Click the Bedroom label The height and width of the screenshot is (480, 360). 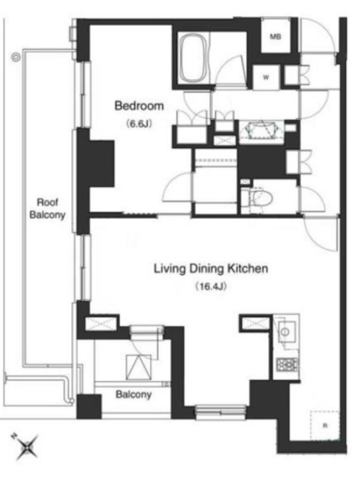coord(139,106)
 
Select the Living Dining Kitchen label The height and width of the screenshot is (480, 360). coord(211,268)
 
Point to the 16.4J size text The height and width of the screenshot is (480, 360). coord(211,287)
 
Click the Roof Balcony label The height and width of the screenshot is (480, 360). coord(47,208)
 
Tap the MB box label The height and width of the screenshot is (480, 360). coord(275,37)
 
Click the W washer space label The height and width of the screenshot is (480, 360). coord(266,77)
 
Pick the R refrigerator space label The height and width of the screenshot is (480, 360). coord(325,425)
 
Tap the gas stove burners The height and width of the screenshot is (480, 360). coord(287,365)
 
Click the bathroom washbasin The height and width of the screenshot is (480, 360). coord(262,131)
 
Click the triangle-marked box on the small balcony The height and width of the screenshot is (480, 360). coord(139,367)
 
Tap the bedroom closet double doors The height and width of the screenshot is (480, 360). coord(192,117)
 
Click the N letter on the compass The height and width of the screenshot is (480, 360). coord(13,436)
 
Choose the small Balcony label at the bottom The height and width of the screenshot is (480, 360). coord(133,395)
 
